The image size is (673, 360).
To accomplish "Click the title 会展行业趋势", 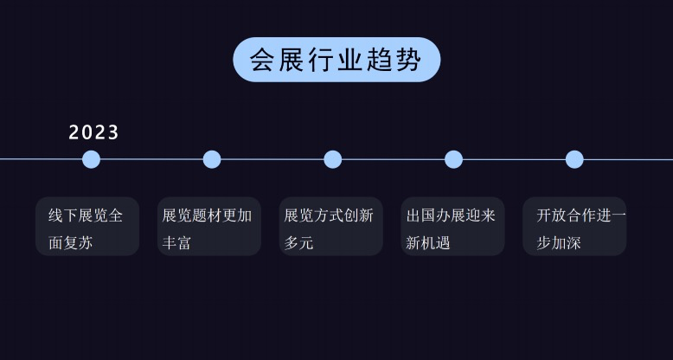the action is tap(336, 60).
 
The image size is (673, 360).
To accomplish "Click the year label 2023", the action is tap(94, 132).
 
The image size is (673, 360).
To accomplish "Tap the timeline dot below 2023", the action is tap(91, 159).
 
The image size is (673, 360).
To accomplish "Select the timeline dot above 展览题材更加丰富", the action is tap(212, 159).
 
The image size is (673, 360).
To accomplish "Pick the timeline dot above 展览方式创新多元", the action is tap(333, 159).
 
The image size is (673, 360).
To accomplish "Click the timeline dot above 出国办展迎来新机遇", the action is tap(453, 159).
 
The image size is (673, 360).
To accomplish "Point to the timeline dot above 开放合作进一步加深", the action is tap(574, 159).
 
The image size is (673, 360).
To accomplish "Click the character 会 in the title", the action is tap(263, 60).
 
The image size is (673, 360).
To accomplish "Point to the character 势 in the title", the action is tap(410, 60).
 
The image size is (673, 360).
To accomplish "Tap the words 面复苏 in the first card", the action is tap(70, 243).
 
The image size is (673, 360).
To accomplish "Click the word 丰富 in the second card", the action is tap(176, 243).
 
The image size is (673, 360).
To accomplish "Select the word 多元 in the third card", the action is tap(298, 243).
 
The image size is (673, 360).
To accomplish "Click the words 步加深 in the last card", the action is tap(559, 243).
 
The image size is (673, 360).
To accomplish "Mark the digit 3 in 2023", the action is tap(113, 132).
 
